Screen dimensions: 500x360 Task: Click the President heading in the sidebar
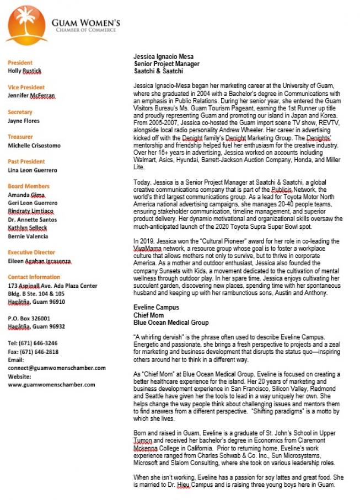20,62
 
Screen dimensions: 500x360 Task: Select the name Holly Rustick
24,71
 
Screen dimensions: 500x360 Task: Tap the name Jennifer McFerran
31,95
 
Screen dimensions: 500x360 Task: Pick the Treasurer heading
20,137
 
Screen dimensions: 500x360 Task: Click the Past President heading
26,162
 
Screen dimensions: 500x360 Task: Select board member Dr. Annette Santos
33,219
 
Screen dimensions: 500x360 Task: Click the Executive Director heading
31,252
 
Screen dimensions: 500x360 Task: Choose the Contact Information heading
34,277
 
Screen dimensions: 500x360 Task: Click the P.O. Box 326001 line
29,318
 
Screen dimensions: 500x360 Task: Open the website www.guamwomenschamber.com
51,384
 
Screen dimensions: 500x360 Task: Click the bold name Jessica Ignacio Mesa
163,57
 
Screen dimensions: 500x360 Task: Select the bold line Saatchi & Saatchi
158,71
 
